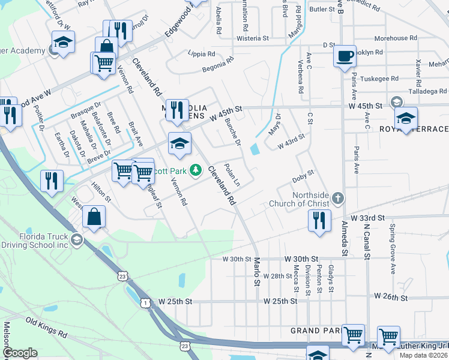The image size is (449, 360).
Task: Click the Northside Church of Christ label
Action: point(310,200)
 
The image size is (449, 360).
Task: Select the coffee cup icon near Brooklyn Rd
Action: point(345,56)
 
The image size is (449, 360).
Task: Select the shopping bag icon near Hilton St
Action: point(94,217)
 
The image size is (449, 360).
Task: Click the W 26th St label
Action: point(391,297)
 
